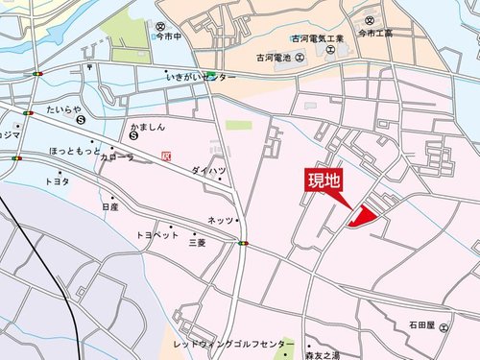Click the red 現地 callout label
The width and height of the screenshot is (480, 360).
coord(324,180)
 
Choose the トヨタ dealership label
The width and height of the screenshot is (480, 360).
coord(57,180)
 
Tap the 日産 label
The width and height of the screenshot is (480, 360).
coord(108,206)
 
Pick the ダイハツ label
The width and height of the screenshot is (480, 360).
coord(207,170)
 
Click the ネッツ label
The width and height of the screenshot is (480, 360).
coord(220,220)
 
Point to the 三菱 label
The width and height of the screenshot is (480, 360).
coord(196,243)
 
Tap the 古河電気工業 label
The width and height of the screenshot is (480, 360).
coord(317,39)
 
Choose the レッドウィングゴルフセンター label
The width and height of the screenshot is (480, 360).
coord(233,343)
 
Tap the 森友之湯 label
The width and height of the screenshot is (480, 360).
coord(321,355)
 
